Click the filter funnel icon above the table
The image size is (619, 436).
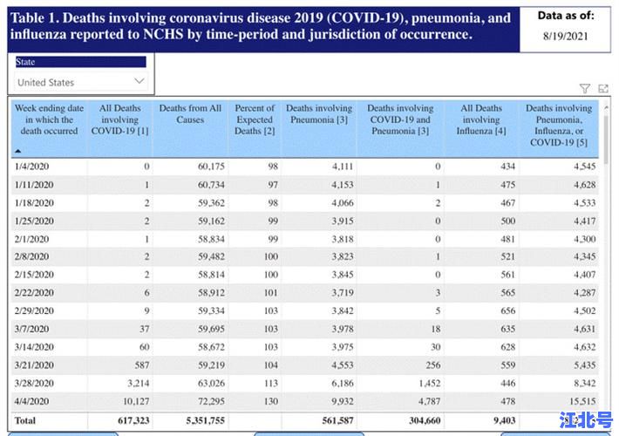coord(585,89)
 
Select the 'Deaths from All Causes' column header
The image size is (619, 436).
coord(190,114)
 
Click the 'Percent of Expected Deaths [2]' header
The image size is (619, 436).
coord(255,119)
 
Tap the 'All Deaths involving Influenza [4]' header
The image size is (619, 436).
coord(481,119)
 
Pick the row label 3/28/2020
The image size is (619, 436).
coord(35,382)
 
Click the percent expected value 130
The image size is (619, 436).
coord(270,400)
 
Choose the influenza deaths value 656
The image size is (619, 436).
coord(503,310)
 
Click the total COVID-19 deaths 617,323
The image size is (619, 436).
coord(130,420)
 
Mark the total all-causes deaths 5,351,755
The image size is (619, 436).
coord(200,420)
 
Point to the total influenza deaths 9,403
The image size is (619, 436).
coord(501,420)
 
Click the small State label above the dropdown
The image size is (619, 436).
coord(25,62)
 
